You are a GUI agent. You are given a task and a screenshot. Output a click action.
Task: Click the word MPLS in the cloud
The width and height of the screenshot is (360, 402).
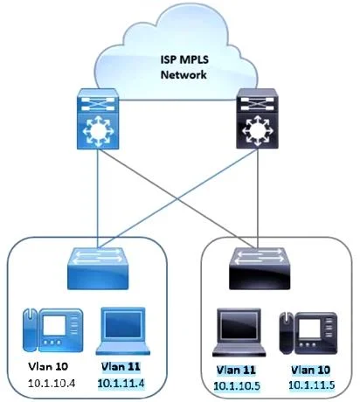click(x=194, y=59)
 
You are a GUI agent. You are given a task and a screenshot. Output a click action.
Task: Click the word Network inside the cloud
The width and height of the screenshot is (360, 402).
click(x=183, y=74)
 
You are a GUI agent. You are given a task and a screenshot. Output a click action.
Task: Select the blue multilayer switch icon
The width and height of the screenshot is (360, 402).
click(x=98, y=119)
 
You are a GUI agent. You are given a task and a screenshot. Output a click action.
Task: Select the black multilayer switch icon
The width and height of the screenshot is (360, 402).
click(x=257, y=119)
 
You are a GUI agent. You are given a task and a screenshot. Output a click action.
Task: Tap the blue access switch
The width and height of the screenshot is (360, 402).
click(x=98, y=268)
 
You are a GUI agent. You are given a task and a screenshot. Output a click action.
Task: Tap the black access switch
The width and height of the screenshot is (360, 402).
click(x=260, y=268)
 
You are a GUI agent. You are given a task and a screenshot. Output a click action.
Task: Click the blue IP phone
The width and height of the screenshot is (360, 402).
click(x=52, y=329)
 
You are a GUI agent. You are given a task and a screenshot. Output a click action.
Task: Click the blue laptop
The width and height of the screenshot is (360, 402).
click(x=122, y=331)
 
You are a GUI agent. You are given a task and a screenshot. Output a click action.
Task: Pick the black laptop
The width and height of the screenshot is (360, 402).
click(x=239, y=332)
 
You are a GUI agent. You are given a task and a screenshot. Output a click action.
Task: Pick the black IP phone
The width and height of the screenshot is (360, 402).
click(x=308, y=333)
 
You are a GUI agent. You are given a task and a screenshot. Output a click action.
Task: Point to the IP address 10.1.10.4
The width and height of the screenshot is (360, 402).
click(x=52, y=384)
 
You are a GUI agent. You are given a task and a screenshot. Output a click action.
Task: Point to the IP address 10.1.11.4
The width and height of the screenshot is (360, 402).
click(x=121, y=384)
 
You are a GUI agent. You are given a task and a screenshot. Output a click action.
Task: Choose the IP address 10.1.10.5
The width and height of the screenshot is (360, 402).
click(x=237, y=386)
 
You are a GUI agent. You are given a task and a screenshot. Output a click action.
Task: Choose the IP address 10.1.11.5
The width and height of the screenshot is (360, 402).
click(x=312, y=385)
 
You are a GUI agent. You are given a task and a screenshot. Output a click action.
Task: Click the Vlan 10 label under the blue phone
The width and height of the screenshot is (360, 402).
click(x=48, y=366)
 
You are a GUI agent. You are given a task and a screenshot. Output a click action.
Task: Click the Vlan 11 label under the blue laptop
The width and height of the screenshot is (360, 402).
click(x=121, y=366)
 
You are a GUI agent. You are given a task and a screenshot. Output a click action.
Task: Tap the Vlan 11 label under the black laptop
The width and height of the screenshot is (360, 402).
click(x=236, y=370)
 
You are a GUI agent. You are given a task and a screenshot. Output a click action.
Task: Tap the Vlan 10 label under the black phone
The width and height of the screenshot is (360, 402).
click(x=311, y=370)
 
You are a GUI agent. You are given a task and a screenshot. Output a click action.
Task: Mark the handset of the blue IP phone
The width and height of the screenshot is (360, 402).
click(x=31, y=329)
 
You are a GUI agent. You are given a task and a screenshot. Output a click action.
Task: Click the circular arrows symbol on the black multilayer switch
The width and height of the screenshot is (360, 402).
click(x=257, y=130)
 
